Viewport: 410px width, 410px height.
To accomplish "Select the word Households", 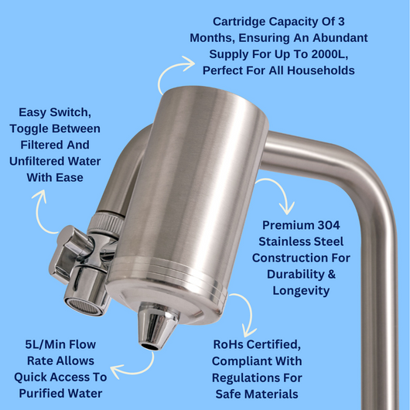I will pyautogui.click(x=319, y=71).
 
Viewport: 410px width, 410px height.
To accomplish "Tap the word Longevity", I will pyautogui.click(x=302, y=290).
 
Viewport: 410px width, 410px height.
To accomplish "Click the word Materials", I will pyautogui.click(x=272, y=394).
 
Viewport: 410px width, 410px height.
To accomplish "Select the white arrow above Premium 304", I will pyautogui.click(x=276, y=193).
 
